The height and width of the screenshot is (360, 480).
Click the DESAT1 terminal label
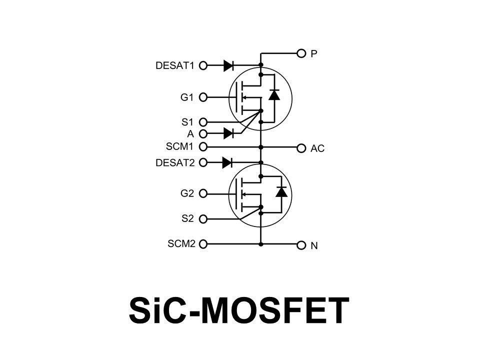pos(174,65)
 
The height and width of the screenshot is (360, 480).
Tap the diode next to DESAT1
pos(229,65)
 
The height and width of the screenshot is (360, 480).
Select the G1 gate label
pos(187,97)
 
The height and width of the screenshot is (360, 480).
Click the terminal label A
pos(190,134)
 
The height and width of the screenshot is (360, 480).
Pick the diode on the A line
pos(229,133)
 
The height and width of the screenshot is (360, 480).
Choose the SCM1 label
pos(180,146)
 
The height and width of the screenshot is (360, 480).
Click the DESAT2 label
pos(174,162)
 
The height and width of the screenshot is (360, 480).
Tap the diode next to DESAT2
pos(227,162)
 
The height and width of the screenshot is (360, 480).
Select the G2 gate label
pos(187,193)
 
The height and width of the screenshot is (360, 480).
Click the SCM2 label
pos(181,244)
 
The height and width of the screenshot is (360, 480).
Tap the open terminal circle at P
pos(301,53)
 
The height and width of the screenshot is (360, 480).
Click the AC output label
pos(317,149)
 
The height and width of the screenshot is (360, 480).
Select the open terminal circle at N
pos(301,245)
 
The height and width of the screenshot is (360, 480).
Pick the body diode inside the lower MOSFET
pos(282,191)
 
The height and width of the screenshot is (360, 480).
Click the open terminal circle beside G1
pos(203,97)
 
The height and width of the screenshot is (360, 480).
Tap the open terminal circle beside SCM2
pos(203,244)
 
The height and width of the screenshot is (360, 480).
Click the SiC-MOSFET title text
pos(239,310)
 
